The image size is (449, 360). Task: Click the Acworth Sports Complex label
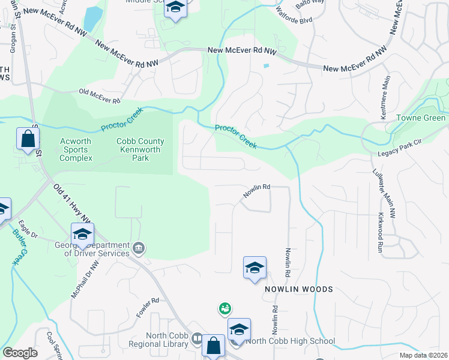76,149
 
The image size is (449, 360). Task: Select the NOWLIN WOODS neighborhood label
299,289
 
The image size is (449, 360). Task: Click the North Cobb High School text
291,341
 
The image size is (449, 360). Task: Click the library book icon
197,340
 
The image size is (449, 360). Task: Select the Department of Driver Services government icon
139,247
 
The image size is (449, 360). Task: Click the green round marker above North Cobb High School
224,308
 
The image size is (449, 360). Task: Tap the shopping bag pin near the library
213,346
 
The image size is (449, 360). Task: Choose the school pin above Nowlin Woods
255,268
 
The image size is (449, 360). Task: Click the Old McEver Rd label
100,93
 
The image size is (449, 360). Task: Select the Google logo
20,352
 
